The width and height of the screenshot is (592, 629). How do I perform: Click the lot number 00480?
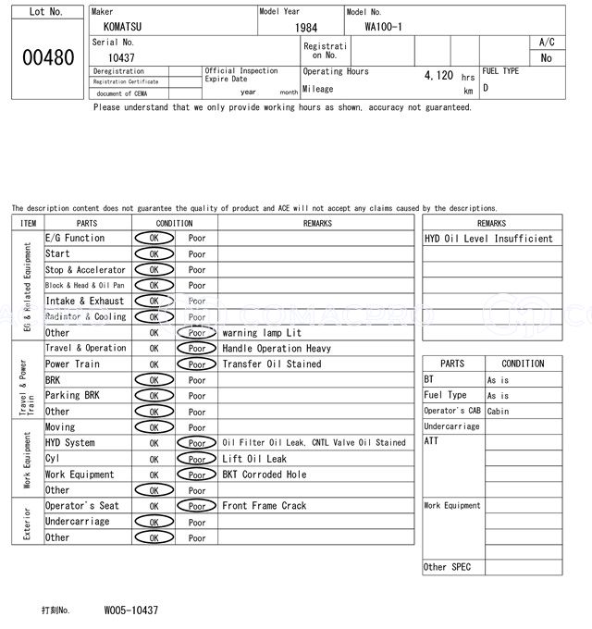point(47,57)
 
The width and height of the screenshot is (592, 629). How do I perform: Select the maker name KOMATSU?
point(123,28)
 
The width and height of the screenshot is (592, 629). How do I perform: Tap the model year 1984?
point(305,28)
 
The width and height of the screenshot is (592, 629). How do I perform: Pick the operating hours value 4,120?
point(438,75)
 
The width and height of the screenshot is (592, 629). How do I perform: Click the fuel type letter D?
point(486,88)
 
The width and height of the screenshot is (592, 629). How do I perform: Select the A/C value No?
point(546,57)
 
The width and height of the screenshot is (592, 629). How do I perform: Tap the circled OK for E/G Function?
point(154,238)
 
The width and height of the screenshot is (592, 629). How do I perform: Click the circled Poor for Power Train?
point(196,364)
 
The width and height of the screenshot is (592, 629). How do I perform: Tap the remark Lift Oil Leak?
point(254,459)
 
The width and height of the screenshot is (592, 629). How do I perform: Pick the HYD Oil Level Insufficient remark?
point(488,239)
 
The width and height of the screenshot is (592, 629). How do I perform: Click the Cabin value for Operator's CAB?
point(499,412)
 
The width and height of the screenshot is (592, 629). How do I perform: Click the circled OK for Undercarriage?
point(154,522)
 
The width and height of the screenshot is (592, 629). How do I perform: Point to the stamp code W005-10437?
point(130,610)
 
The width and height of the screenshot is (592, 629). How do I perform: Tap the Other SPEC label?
point(448,567)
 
